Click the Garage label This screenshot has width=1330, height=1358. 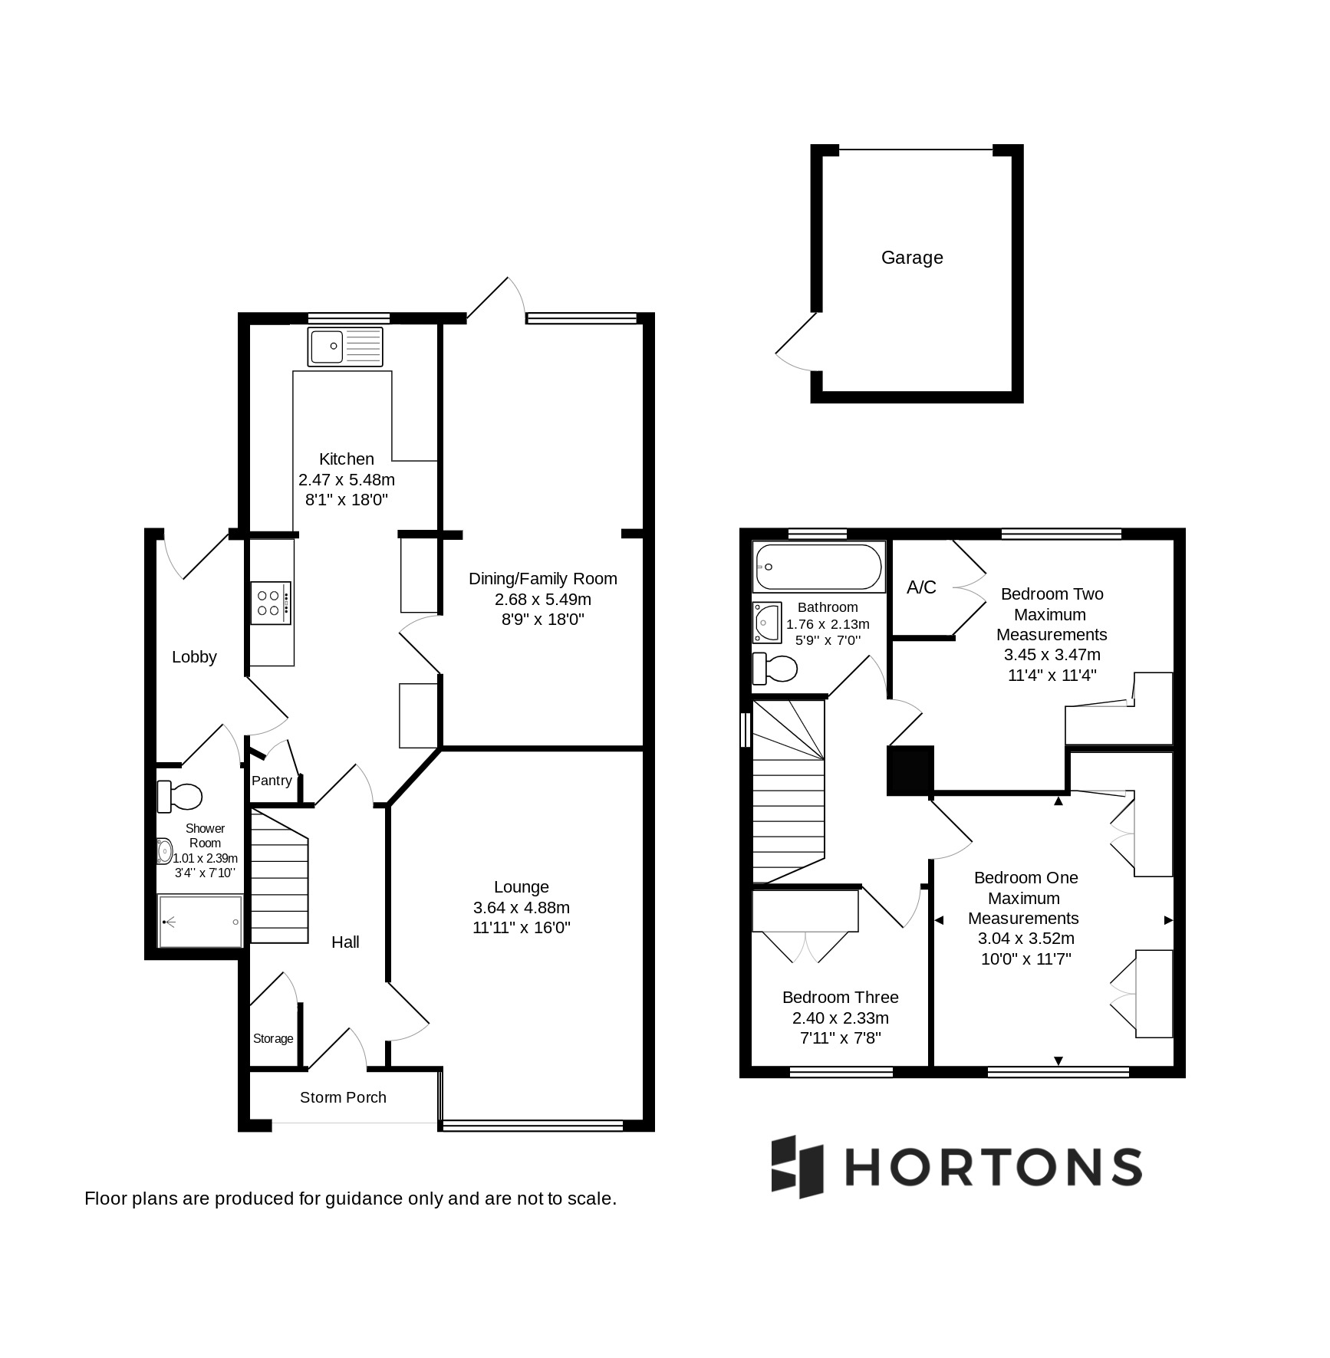tap(912, 258)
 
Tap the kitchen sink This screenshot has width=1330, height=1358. tap(345, 347)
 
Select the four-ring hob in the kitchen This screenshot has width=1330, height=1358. tap(271, 603)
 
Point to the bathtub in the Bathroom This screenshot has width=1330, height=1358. tap(819, 567)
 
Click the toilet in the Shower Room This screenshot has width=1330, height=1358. tap(179, 796)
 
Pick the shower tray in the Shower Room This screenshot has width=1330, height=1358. tap(201, 920)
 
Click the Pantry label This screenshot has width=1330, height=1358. tap(272, 781)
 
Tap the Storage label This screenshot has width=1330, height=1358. tap(273, 1038)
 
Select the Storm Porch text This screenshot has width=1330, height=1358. tap(343, 1097)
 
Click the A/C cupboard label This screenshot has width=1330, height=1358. tap(921, 587)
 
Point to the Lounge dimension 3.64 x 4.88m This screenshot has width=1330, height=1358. tap(522, 907)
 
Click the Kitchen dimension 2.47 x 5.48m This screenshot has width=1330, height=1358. tap(347, 480)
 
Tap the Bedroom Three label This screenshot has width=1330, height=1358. tap(841, 998)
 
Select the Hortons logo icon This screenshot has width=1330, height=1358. tap(797, 1166)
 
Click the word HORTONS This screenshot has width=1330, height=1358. tap(994, 1167)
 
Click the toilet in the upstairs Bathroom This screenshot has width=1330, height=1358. tap(775, 669)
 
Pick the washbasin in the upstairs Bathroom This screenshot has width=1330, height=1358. tap(767, 622)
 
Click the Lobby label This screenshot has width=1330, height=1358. tap(194, 657)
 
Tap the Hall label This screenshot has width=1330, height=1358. tap(345, 942)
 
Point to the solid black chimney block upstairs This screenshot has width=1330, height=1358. tap(910, 770)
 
